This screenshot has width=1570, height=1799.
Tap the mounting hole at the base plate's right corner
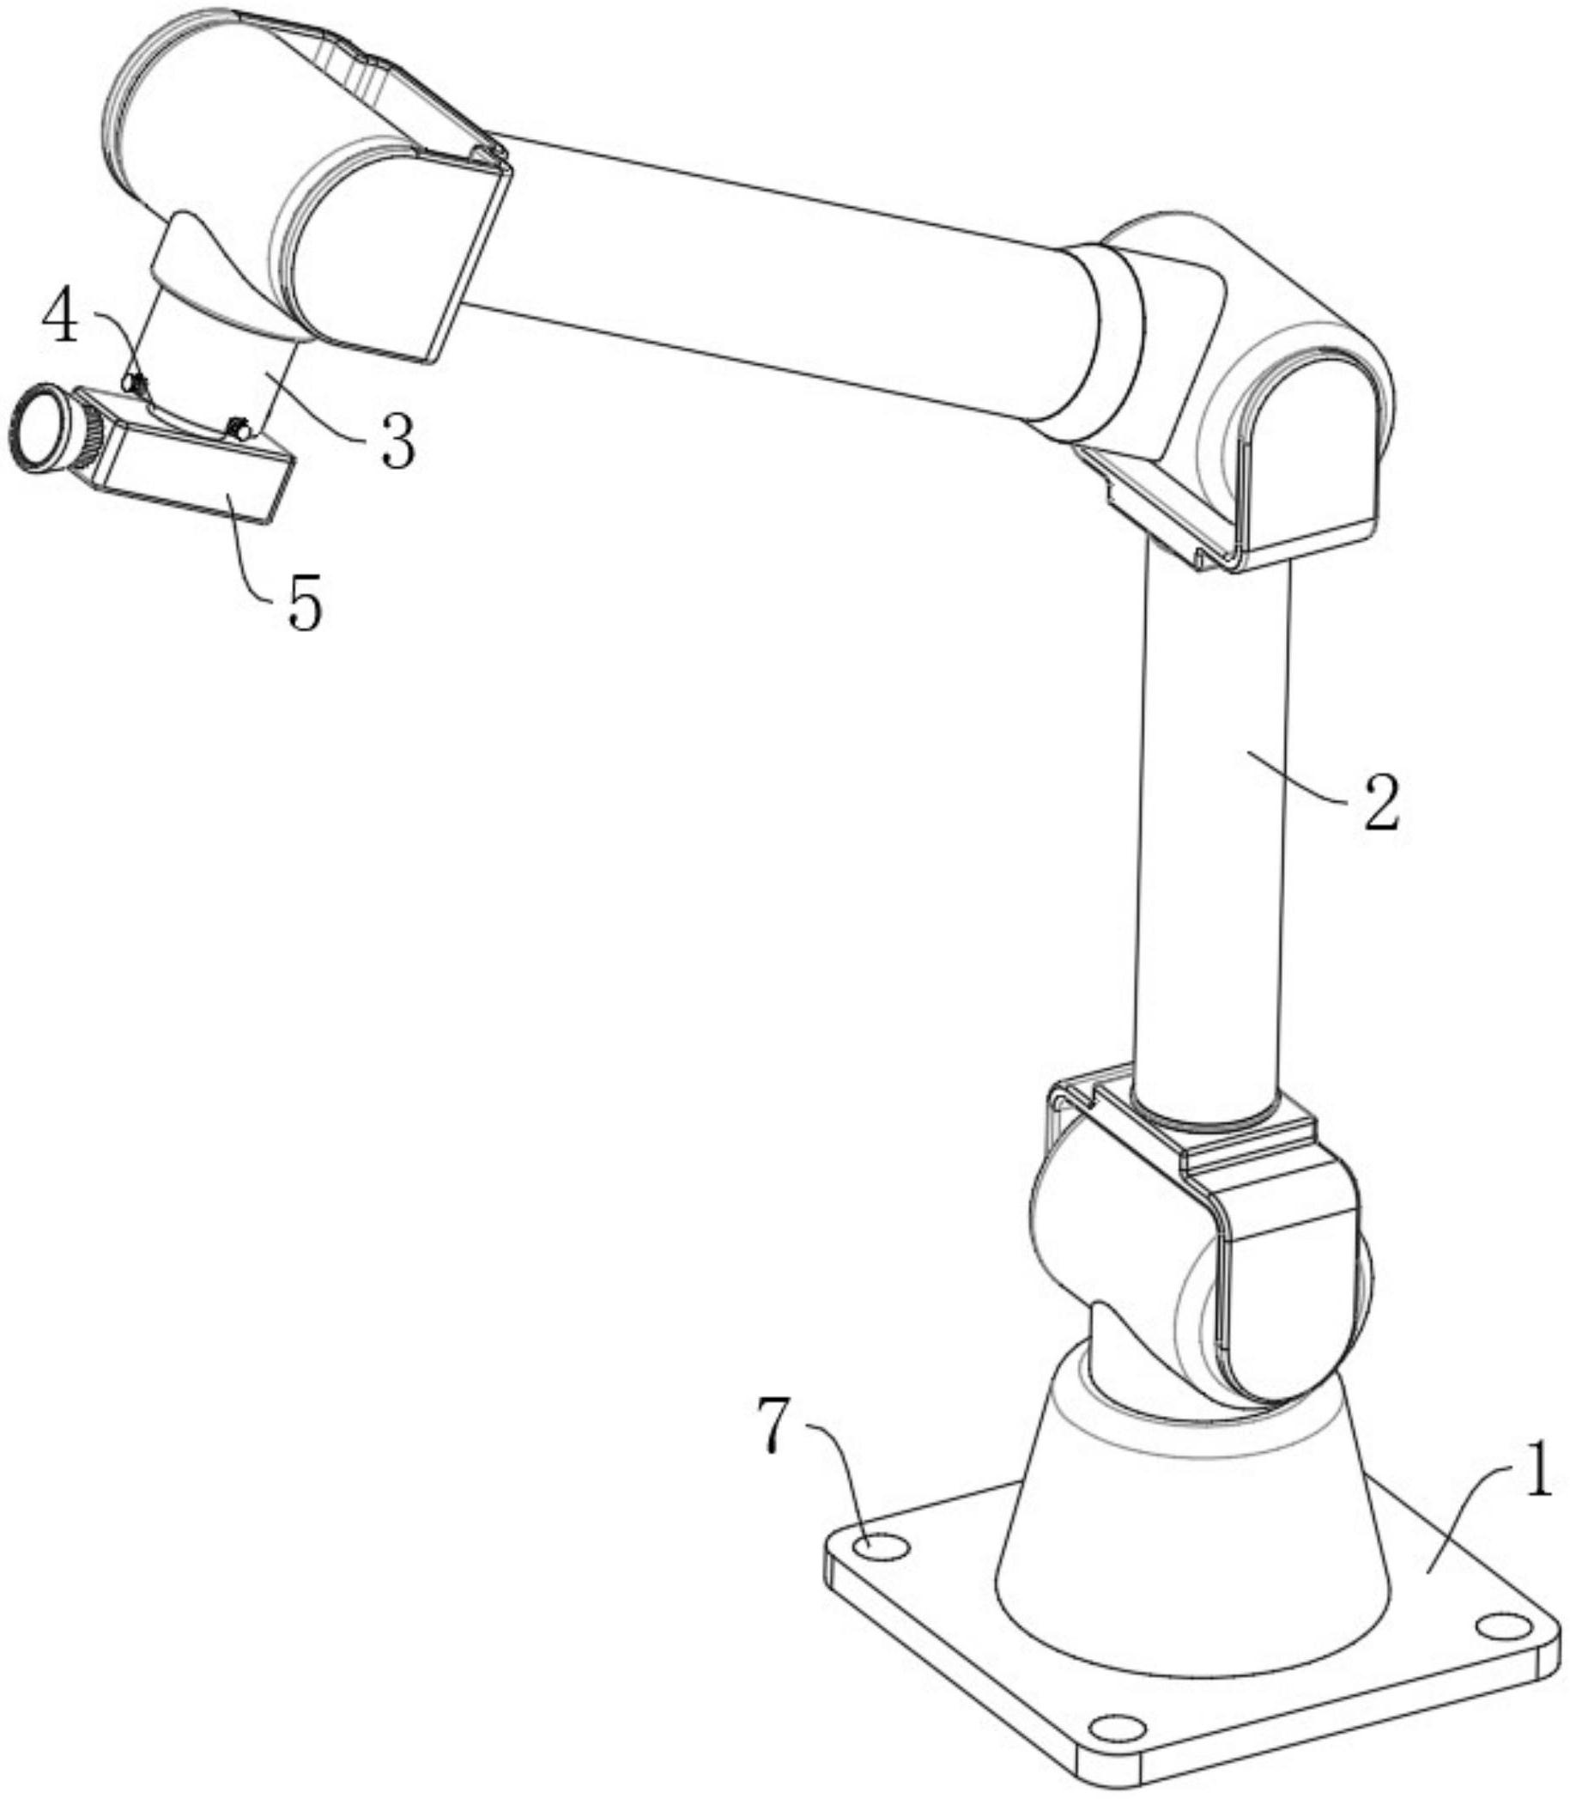(1500, 1627)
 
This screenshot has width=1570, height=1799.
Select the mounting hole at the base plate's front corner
(1115, 1727)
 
